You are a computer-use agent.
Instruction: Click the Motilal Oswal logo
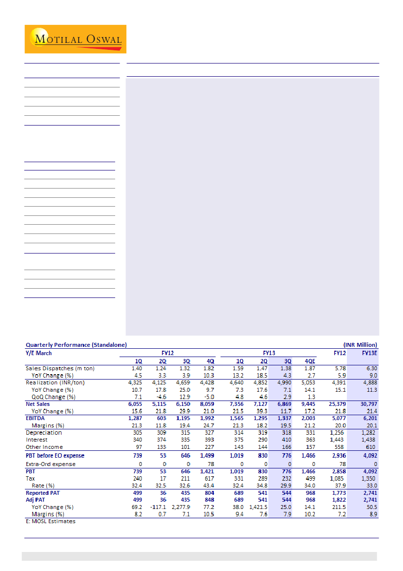coord(75,39)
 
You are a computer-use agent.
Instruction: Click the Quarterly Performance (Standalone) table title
coord(76,345)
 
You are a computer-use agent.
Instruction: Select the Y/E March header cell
coord(39,353)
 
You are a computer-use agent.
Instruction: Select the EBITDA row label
coord(35,419)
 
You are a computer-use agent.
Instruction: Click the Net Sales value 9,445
coord(307,404)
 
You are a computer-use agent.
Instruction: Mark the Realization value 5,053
coord(307,382)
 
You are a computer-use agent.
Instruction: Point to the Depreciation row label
coord(44,433)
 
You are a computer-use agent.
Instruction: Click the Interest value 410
coord(285,440)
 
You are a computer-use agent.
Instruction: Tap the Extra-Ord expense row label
coord(50,464)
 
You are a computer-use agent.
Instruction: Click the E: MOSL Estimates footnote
coord(50,521)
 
